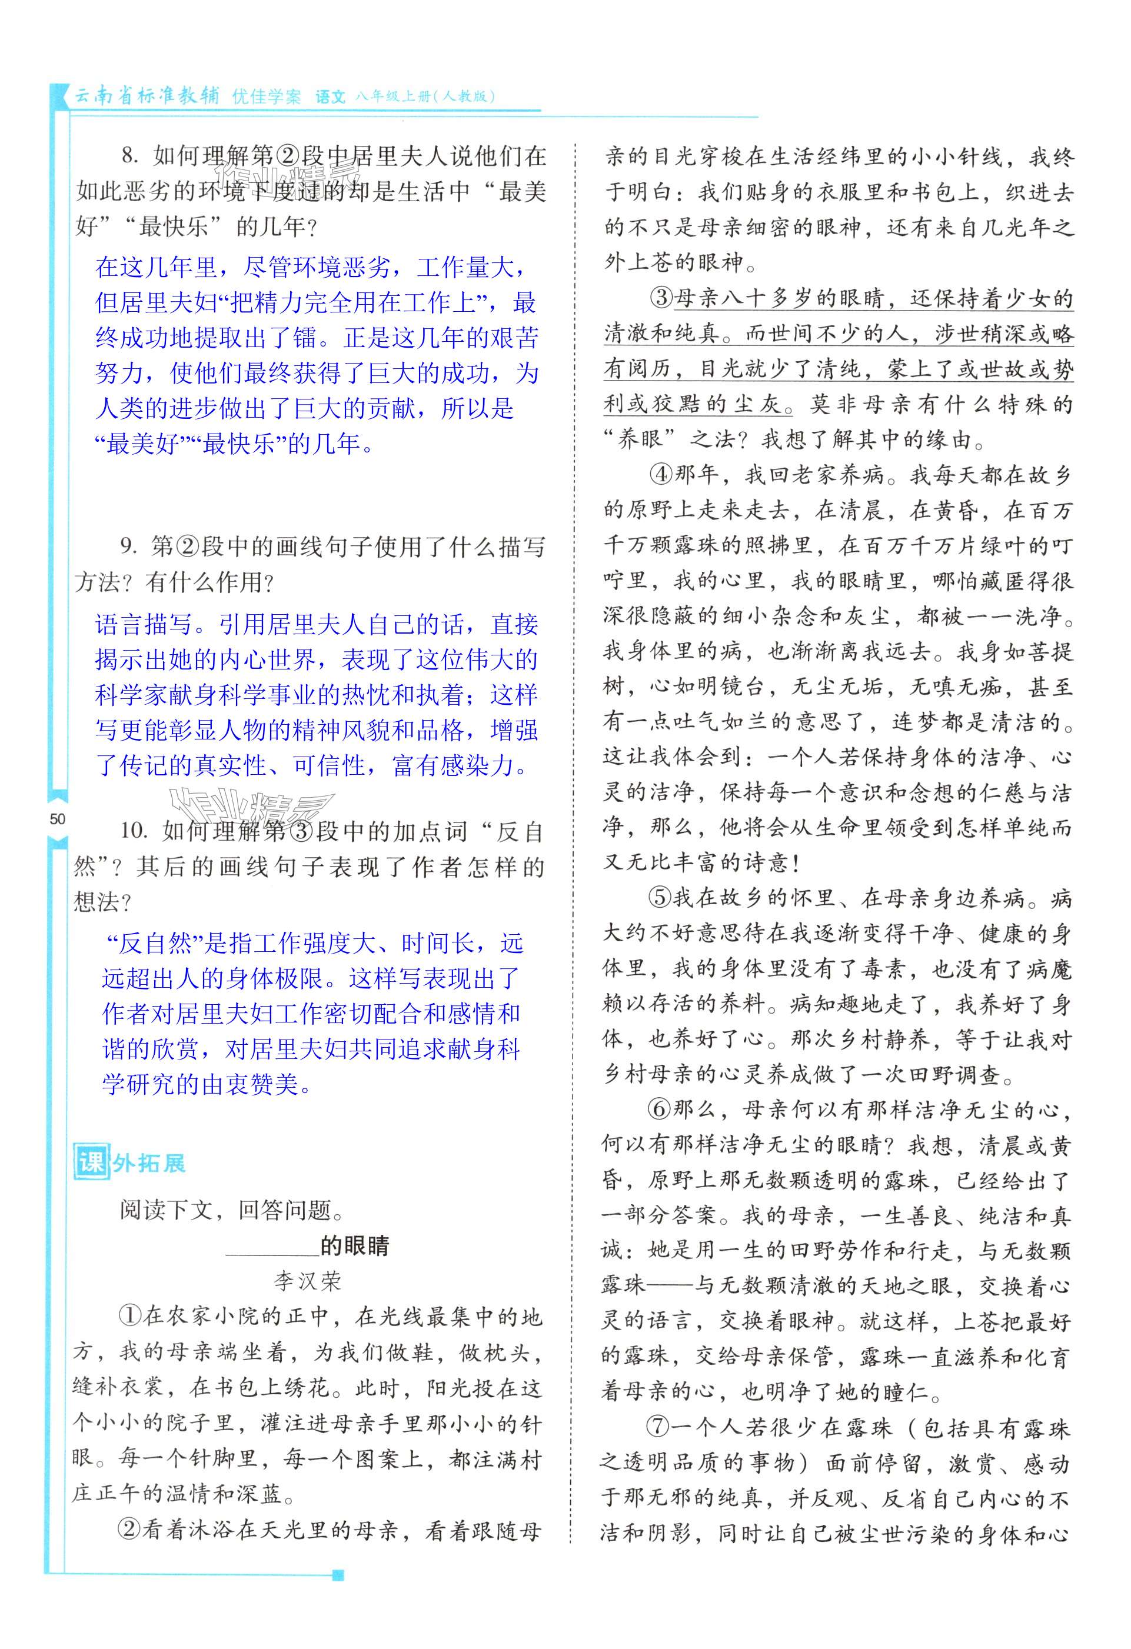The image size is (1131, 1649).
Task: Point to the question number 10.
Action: (134, 831)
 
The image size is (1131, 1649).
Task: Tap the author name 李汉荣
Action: (307, 1281)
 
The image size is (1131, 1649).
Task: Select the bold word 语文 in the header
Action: (331, 96)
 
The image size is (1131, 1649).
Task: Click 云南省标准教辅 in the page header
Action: (148, 96)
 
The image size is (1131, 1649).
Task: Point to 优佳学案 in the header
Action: (267, 96)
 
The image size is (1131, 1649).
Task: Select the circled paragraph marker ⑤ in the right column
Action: (659, 898)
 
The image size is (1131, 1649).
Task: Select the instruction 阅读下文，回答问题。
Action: (225, 1210)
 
